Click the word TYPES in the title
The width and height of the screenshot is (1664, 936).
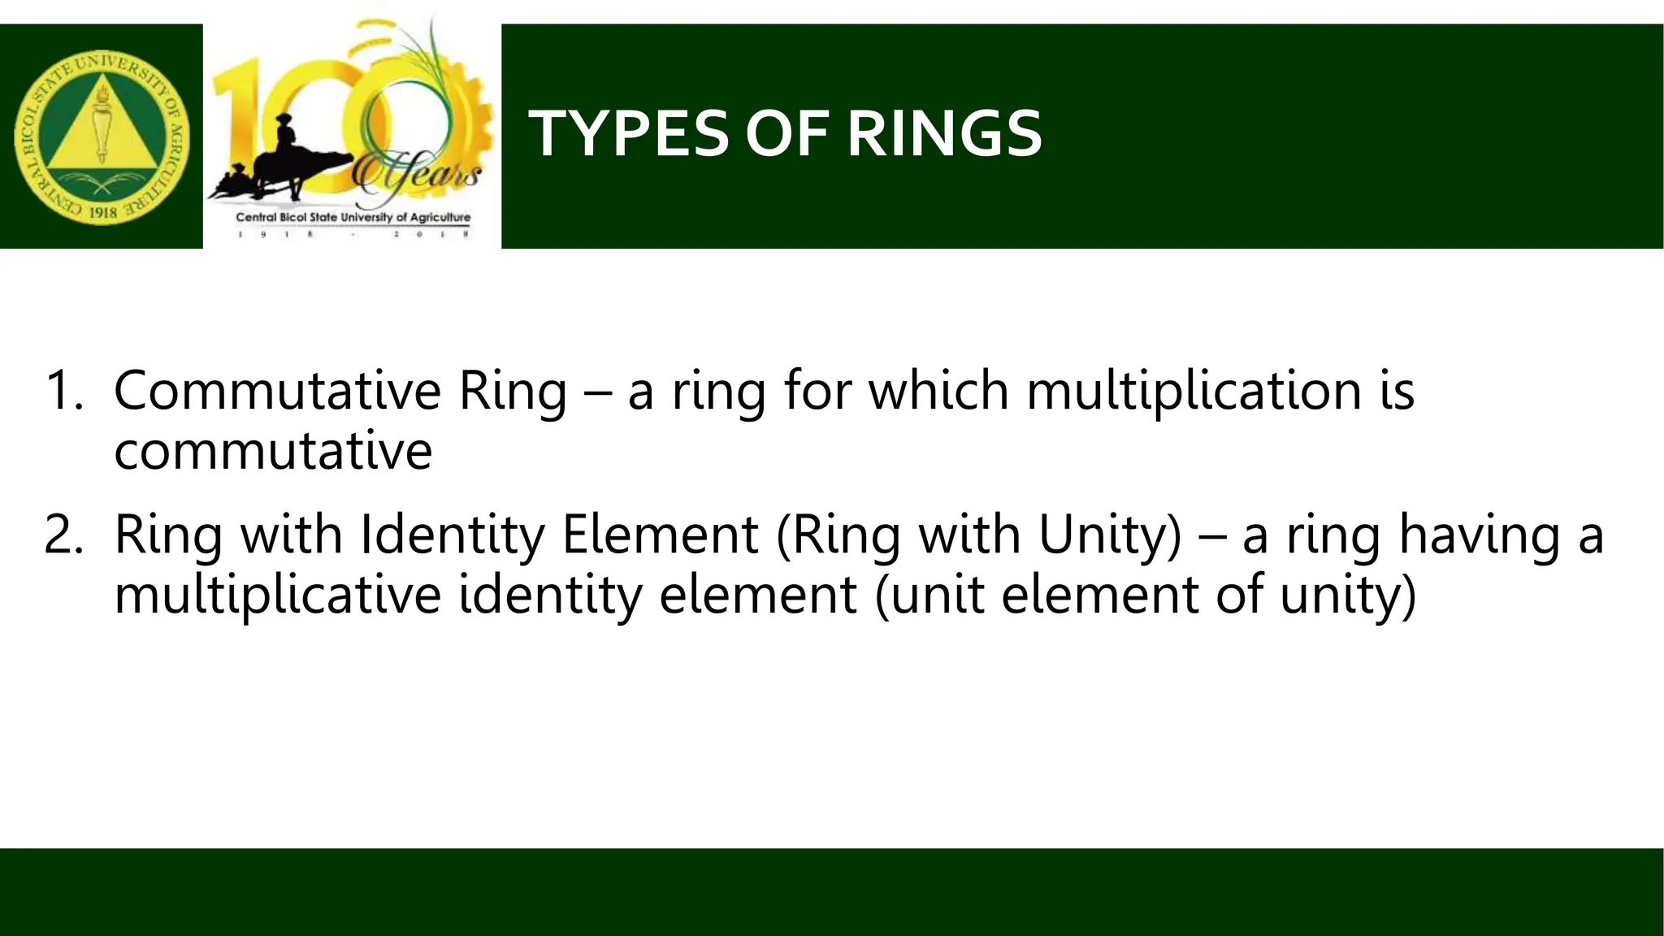tap(630, 134)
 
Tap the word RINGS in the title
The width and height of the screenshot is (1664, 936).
tap(944, 134)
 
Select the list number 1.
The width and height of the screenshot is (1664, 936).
tap(63, 391)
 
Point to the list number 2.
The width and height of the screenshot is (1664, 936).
tap(63, 535)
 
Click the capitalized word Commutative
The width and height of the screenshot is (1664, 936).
tap(277, 391)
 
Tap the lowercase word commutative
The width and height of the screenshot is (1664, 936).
tap(273, 451)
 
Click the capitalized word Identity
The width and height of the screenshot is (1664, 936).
tap(452, 535)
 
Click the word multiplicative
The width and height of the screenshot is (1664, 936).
tap(277, 596)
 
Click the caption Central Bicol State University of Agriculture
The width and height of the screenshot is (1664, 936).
tap(353, 218)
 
